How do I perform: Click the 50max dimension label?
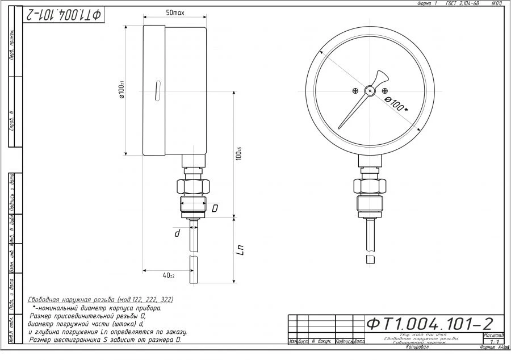(174, 12)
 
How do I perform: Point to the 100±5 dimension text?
(239, 154)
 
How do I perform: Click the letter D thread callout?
(215, 209)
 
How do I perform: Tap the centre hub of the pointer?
(370, 90)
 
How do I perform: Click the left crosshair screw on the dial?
(355, 91)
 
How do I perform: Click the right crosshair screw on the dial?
(386, 91)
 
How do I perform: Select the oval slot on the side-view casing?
(156, 91)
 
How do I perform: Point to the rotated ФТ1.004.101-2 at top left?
(62, 15)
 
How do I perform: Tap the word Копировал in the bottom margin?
(417, 347)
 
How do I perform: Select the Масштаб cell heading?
(493, 336)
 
